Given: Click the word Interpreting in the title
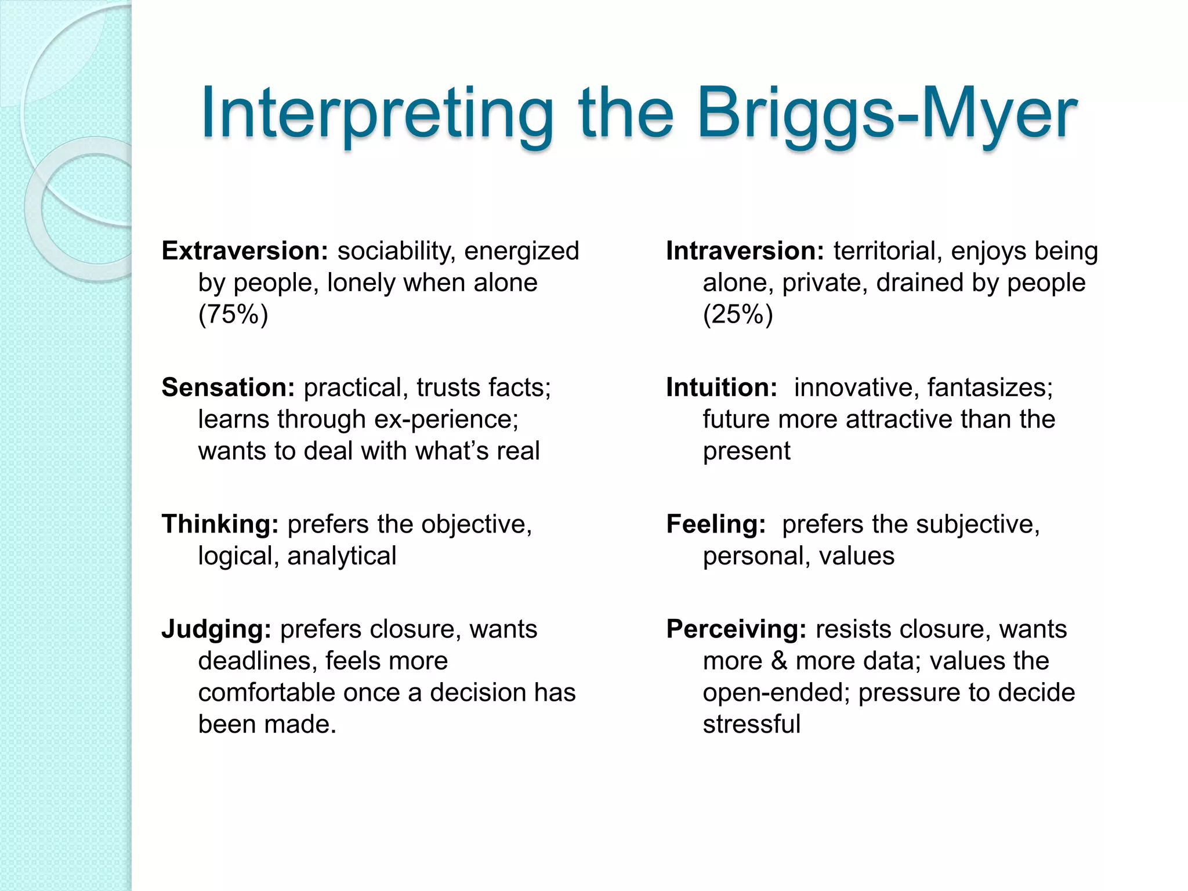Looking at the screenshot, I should (x=377, y=114).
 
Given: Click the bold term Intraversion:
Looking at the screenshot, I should (x=745, y=251).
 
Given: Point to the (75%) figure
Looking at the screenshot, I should (x=233, y=314).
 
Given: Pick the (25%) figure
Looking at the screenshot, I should (x=738, y=314).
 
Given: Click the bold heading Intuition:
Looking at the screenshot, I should (x=722, y=387).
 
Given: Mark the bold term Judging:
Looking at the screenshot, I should (x=216, y=629).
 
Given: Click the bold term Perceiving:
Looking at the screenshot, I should (x=736, y=629).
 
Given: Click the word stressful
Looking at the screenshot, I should (x=752, y=725).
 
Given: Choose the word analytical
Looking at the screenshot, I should (x=342, y=556).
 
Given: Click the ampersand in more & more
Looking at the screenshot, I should (x=779, y=661).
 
